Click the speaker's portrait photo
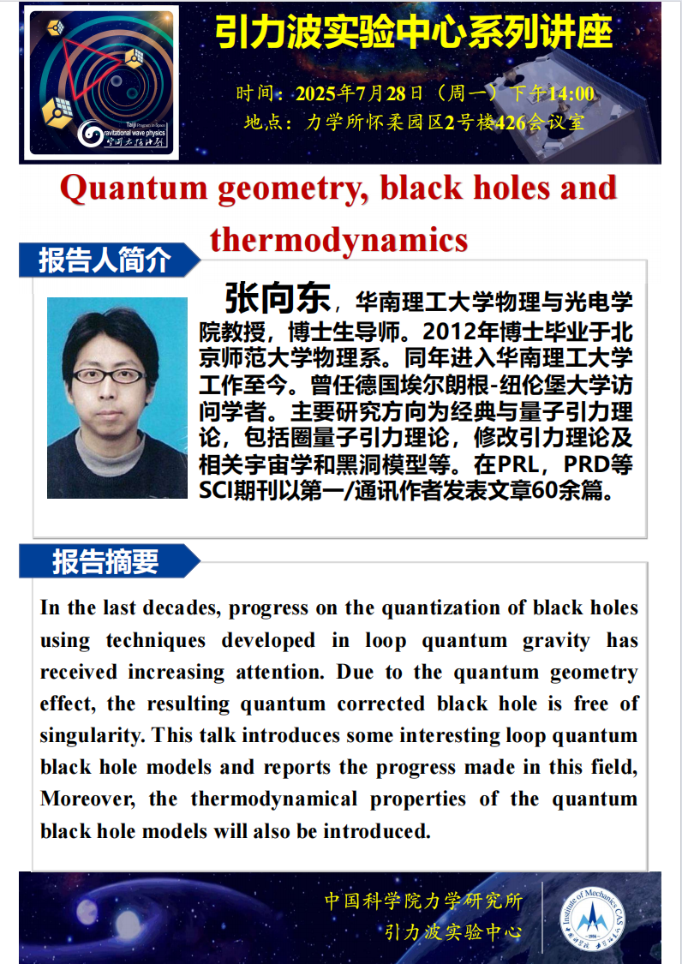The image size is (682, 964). (117, 397)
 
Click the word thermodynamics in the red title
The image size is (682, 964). (339, 239)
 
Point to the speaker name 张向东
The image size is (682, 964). (277, 299)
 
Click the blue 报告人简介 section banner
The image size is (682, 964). (105, 260)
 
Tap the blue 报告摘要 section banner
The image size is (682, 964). (105, 562)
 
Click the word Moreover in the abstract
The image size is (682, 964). (84, 799)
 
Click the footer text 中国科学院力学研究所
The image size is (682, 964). (423, 901)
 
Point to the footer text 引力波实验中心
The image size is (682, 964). (453, 933)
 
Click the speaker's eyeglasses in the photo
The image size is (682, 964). (108, 374)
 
